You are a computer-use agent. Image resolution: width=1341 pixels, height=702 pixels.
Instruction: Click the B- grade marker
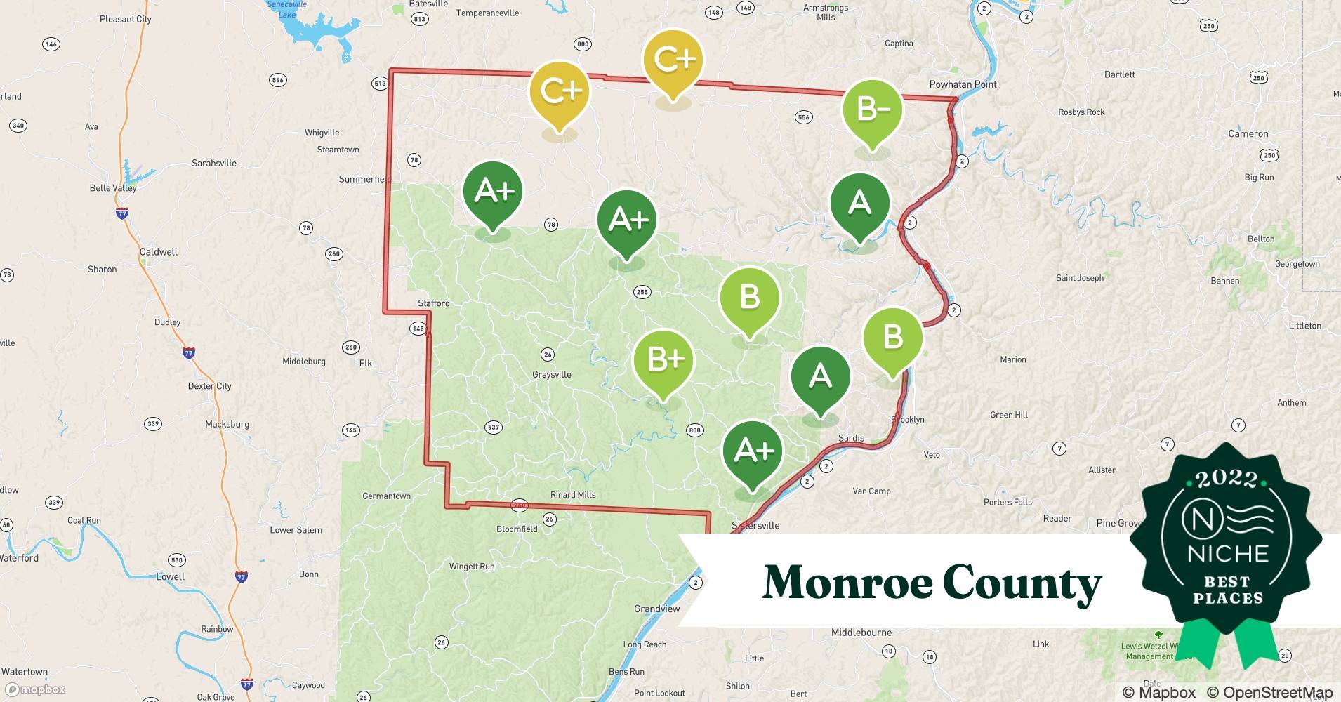[x=872, y=110]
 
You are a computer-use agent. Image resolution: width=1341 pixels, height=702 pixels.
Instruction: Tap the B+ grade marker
[x=663, y=360]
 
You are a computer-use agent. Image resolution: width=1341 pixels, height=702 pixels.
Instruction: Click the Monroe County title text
[x=932, y=583]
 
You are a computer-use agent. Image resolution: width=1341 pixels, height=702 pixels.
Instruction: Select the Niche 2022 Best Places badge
[x=1227, y=541]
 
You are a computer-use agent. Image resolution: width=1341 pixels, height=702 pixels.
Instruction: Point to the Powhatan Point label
[x=963, y=84]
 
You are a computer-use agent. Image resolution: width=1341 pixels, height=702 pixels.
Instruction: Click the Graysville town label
[x=551, y=374]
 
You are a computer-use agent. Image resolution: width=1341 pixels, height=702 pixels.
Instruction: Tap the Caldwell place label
[x=158, y=252]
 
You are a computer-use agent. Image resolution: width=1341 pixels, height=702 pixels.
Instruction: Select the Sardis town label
[x=851, y=438]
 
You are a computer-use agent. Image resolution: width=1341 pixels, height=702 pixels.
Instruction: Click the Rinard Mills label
[x=573, y=495]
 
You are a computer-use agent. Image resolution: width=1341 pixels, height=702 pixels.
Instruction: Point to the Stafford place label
[x=433, y=303]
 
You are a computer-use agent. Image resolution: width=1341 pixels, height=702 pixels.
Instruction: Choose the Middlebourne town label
[x=861, y=633]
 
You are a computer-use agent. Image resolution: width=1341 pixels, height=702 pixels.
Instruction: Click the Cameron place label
[x=1248, y=134]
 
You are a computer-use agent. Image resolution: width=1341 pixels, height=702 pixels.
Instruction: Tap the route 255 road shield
[x=642, y=292]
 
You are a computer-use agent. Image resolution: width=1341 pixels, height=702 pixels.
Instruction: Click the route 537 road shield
[x=494, y=427]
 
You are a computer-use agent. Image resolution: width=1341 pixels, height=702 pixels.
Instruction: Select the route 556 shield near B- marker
[x=803, y=117]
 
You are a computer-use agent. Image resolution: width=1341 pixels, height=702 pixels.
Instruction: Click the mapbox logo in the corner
[x=36, y=689]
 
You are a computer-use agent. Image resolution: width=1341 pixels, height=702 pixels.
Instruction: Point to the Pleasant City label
[x=125, y=19]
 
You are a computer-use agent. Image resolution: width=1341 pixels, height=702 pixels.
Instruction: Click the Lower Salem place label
[x=296, y=530]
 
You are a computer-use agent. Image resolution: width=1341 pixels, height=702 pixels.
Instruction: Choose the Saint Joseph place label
[x=1079, y=278]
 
